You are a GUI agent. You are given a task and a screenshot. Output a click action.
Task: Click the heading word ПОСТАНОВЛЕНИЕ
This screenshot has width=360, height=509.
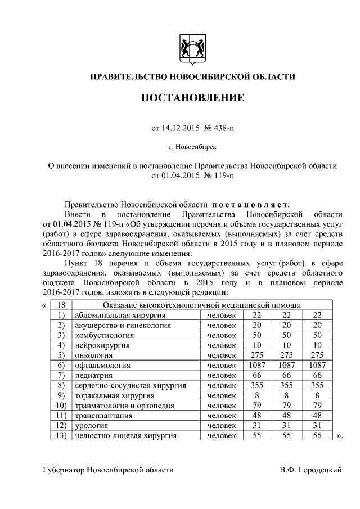(192, 98)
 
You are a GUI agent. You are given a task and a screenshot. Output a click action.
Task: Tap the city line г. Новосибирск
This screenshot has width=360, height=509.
(192, 147)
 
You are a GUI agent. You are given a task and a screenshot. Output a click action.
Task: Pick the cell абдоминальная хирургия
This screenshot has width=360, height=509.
(111, 314)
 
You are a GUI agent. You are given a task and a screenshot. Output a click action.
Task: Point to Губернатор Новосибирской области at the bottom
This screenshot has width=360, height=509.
(108, 469)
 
